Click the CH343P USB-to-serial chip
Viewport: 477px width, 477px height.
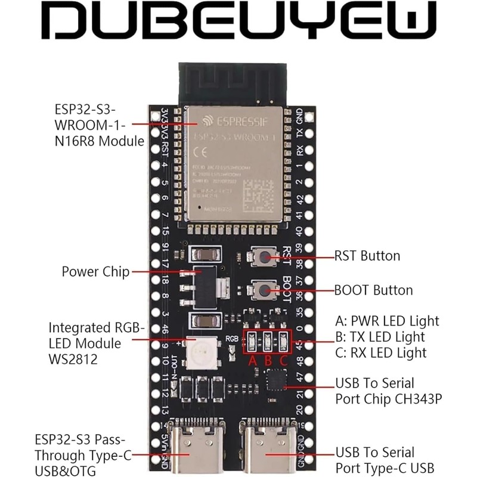tap(276, 380)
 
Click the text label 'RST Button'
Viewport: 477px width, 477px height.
tap(367, 256)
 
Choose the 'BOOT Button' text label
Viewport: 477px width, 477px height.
tap(373, 290)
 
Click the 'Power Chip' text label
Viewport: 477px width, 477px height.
tap(95, 272)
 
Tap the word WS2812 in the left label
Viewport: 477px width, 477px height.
tap(75, 360)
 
